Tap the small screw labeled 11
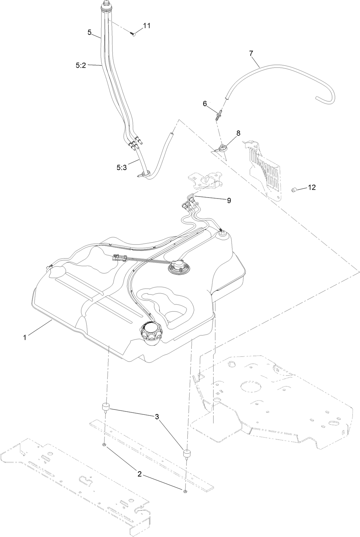click(x=133, y=33)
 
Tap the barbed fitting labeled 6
click(x=219, y=115)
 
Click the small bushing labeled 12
click(x=294, y=190)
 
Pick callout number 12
click(x=312, y=187)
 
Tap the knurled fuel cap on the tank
click(x=151, y=334)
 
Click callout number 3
click(x=157, y=416)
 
